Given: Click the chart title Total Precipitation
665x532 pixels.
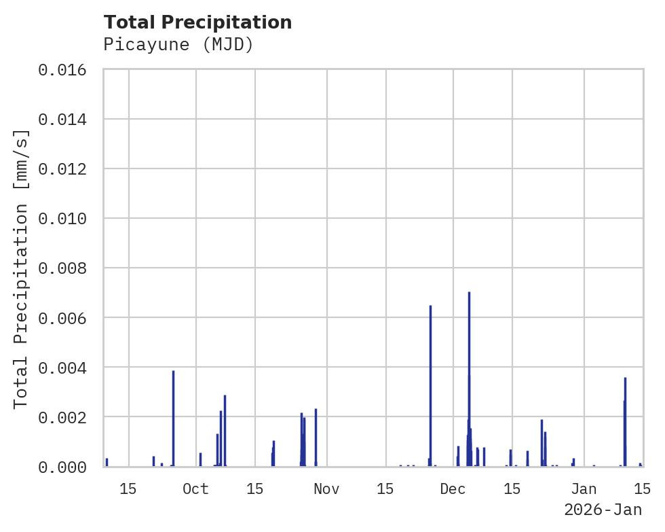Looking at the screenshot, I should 197,22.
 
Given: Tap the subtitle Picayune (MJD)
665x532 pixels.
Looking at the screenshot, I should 178,45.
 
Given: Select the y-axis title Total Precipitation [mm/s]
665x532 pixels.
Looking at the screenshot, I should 21,268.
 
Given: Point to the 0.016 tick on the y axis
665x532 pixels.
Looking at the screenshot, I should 62,70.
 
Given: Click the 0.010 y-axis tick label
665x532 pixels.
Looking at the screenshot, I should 62,219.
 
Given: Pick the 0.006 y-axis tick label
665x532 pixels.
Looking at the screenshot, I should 62,318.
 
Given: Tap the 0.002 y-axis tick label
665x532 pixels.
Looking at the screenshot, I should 62,417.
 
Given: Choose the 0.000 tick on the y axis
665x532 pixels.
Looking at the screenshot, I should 62,467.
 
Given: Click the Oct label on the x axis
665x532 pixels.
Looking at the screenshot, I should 195,489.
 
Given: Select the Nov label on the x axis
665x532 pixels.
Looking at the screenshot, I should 326,489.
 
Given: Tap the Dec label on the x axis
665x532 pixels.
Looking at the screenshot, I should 453,489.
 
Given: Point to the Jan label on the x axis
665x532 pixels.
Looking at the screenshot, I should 584,489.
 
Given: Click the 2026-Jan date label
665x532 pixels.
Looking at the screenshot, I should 603,510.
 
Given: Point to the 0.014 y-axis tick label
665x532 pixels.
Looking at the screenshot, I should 62,120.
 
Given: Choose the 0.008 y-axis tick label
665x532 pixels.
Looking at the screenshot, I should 62,268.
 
